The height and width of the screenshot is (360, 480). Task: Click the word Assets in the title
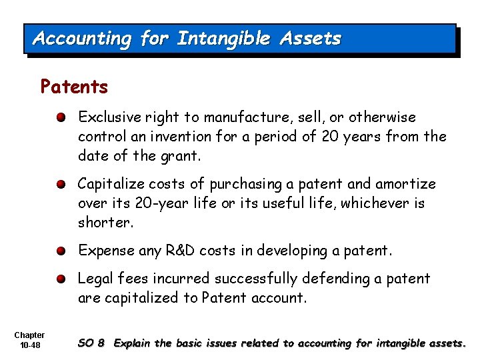tap(310, 39)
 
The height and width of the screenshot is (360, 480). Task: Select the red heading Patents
tap(74, 87)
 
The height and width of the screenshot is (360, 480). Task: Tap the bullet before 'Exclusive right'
tap(61, 118)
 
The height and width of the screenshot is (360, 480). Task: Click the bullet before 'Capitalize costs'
tap(61, 184)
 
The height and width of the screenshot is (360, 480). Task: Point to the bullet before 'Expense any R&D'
tap(61, 251)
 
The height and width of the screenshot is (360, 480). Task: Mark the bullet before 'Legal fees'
tap(61, 279)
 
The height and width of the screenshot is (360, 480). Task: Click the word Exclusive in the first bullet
tap(107, 117)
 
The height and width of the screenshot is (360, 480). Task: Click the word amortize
tap(404, 184)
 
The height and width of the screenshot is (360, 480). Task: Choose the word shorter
tap(106, 223)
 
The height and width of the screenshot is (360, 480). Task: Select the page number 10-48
tap(29, 344)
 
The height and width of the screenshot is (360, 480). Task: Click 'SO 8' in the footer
tap(91, 343)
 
